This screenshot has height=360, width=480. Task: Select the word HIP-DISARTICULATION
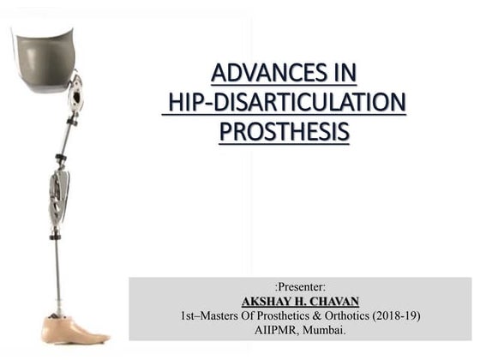point(285,103)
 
